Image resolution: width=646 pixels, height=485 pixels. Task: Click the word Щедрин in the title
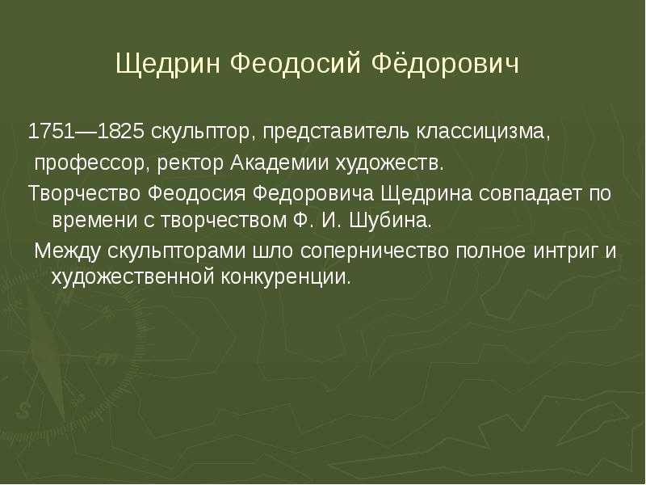coord(168,65)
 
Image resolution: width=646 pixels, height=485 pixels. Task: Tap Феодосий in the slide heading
coord(296,63)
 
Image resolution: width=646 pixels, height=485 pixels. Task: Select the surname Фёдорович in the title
coord(446,63)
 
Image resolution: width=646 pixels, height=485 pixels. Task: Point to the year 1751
coord(51,132)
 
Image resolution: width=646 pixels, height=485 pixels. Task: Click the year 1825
coord(121,132)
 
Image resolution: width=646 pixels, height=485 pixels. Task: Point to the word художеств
coord(390,163)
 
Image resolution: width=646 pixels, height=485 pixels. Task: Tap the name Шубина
coord(391,220)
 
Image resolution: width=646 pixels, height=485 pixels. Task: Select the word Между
coord(67,251)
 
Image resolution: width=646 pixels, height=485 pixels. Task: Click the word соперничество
coord(374,251)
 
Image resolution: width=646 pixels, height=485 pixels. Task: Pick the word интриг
coord(566,251)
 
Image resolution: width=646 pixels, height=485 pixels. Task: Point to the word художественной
coord(132,276)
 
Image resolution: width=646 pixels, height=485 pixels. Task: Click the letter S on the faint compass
coord(23,411)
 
